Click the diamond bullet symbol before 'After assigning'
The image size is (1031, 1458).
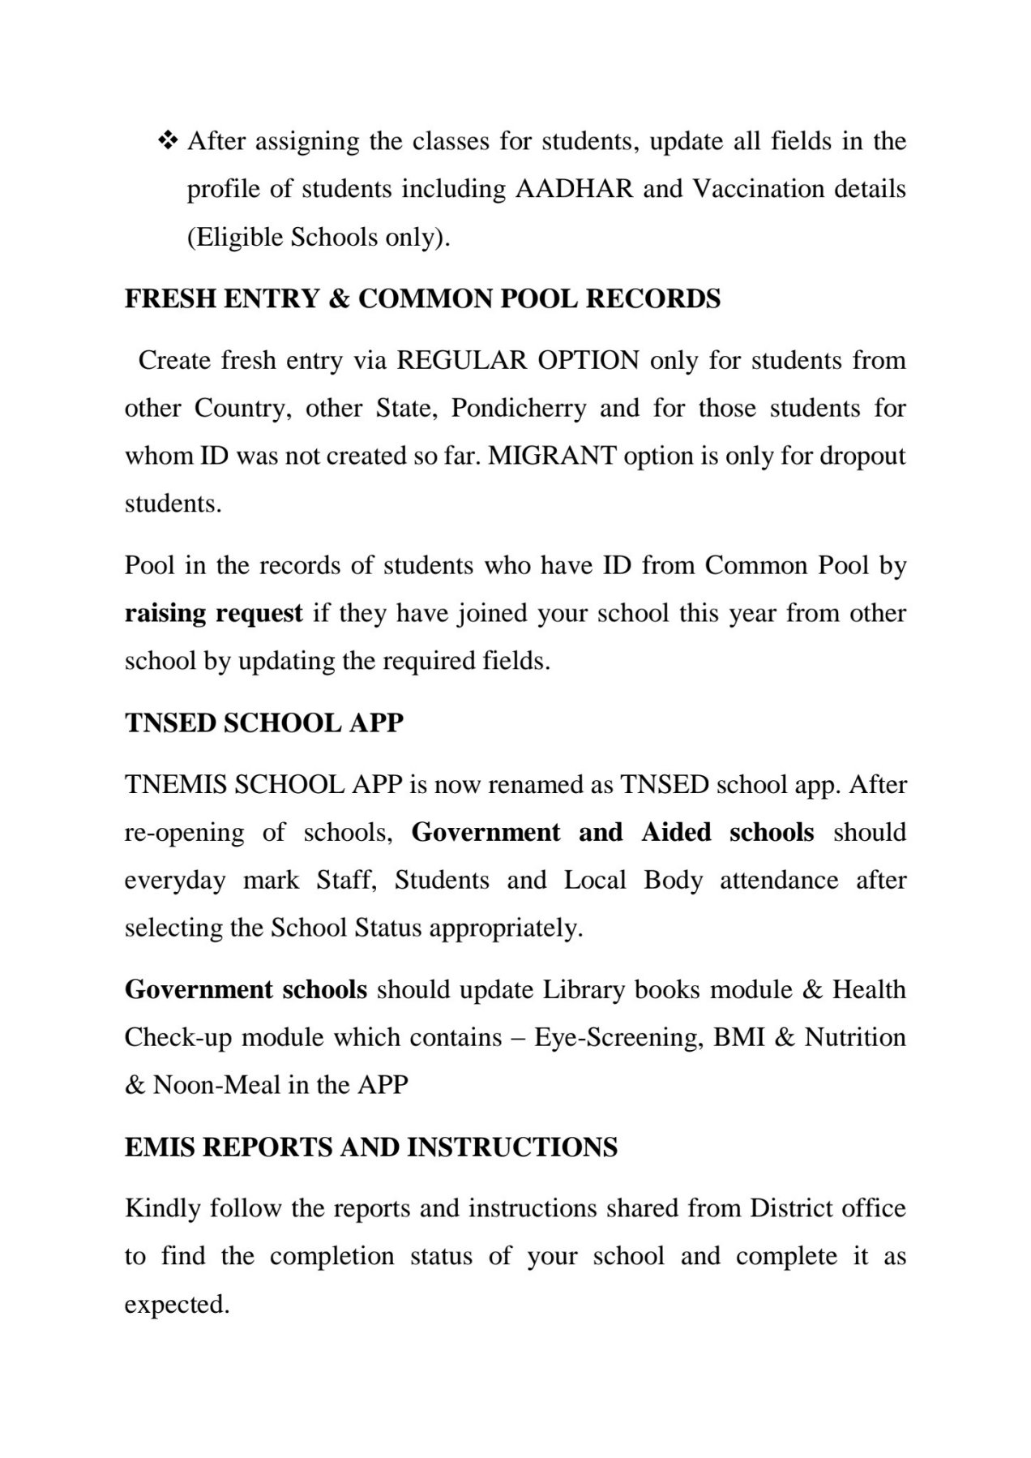168,141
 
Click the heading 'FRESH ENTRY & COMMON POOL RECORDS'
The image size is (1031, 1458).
422,299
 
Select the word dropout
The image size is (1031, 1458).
862,456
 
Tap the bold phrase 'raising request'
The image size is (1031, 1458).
213,613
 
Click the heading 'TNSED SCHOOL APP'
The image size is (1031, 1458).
264,723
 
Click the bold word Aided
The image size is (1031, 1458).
676,833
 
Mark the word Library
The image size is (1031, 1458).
584,990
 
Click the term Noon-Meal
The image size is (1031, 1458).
205,1086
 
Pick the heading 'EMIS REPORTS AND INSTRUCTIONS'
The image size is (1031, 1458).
370,1147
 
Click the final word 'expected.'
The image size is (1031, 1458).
177,1305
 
